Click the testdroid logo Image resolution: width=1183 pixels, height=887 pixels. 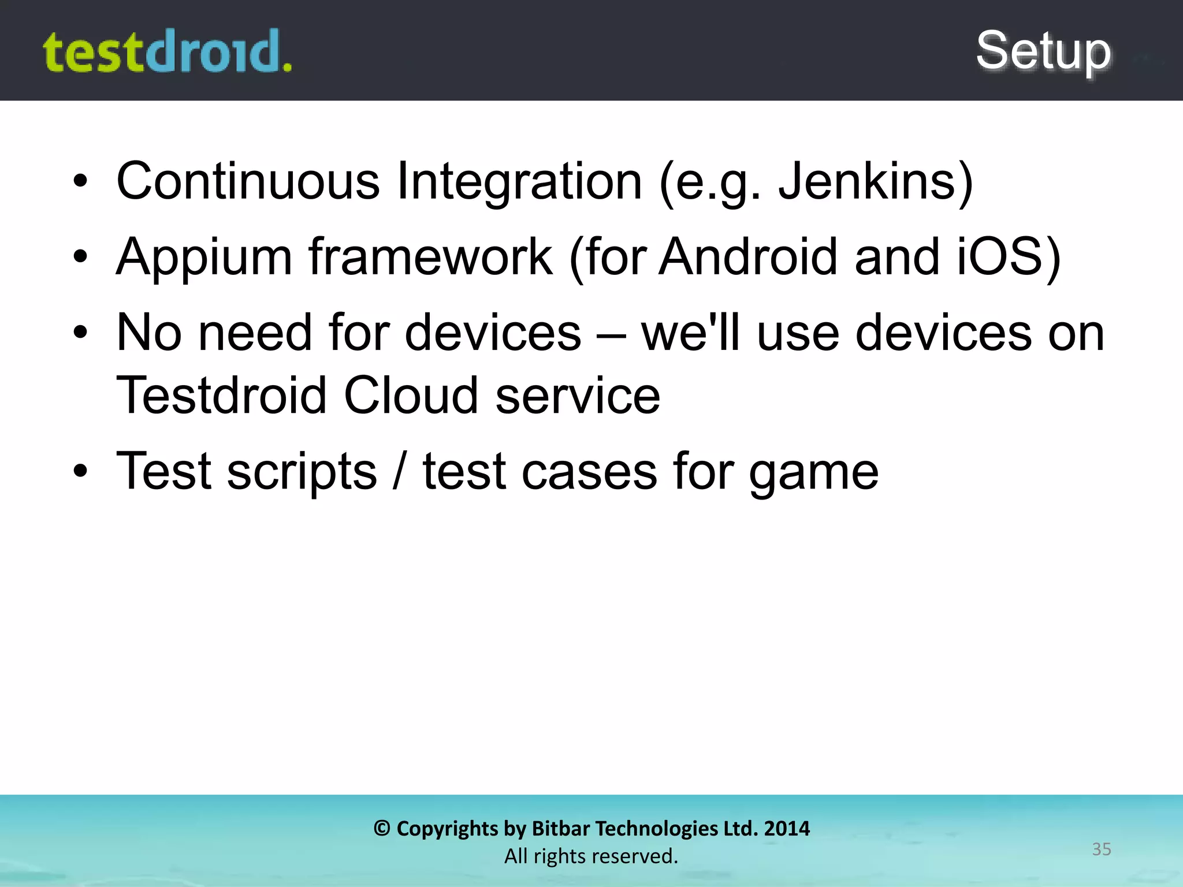pyautogui.click(x=168, y=52)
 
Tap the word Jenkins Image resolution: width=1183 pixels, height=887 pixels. pyautogui.click(x=866, y=181)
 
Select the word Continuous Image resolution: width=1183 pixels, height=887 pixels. pyautogui.click(x=248, y=181)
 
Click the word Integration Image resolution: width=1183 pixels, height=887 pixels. pyautogui.click(x=519, y=181)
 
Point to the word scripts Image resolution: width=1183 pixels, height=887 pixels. pyautogui.click(x=302, y=472)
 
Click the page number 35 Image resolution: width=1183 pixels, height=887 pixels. pyautogui.click(x=1101, y=849)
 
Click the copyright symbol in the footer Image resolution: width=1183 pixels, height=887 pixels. pyautogui.click(x=382, y=829)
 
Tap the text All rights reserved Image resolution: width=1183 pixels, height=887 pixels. pyautogui.click(x=591, y=856)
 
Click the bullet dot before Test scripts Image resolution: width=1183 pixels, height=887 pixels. pyautogui.click(x=80, y=471)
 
